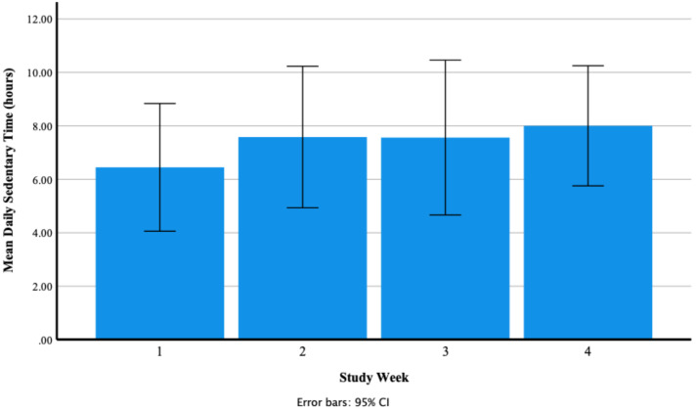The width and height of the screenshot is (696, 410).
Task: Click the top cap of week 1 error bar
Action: [x=159, y=104]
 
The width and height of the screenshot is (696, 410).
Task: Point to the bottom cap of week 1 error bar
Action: [x=159, y=231]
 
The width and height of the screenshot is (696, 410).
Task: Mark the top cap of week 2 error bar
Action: [x=302, y=67]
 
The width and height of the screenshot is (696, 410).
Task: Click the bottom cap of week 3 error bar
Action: [x=445, y=214]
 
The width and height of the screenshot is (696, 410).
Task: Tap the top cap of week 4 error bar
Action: [x=587, y=66]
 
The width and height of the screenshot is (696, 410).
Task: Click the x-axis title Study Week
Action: [x=373, y=377]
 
